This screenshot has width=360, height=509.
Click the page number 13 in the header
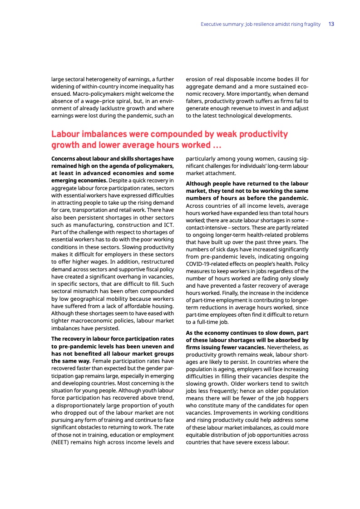click(331, 24)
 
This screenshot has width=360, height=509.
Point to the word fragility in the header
click(310, 24)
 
